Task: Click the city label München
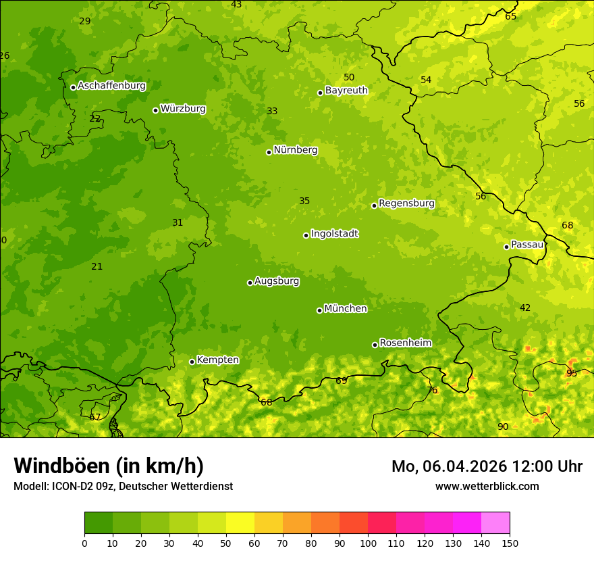pyautogui.click(x=346, y=309)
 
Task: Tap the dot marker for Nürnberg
pyautogui.click(x=269, y=152)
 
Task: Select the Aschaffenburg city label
pyautogui.click(x=111, y=86)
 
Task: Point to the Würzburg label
pyautogui.click(x=183, y=109)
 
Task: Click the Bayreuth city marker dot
pyautogui.click(x=320, y=93)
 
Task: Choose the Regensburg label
pyautogui.click(x=406, y=203)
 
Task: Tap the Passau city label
pyautogui.click(x=527, y=245)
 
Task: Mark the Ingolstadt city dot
pyautogui.click(x=306, y=235)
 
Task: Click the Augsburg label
pyautogui.click(x=277, y=281)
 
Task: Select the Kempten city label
pyautogui.click(x=217, y=360)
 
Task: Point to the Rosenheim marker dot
pyautogui.click(x=375, y=345)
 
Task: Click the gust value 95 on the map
pyautogui.click(x=572, y=373)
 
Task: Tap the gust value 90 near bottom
pyautogui.click(x=503, y=426)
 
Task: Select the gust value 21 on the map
pyautogui.click(x=97, y=266)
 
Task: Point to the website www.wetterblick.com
pyautogui.click(x=487, y=486)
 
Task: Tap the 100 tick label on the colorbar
pyautogui.click(x=368, y=543)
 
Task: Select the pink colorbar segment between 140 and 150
pyautogui.click(x=495, y=523)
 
